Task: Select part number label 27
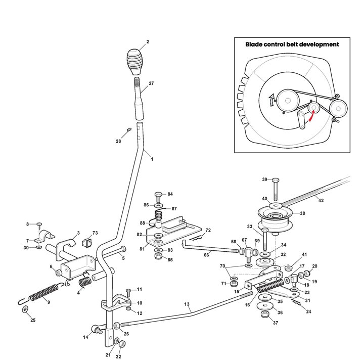[151, 83]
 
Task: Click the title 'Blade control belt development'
[292, 44]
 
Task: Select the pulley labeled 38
[276, 216]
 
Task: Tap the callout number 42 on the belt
[321, 200]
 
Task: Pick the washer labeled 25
[26, 309]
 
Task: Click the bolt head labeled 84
[158, 194]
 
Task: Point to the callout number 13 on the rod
[187, 304]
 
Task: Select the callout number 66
[206, 255]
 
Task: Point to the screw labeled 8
[39, 224]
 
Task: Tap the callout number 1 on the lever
[152, 159]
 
